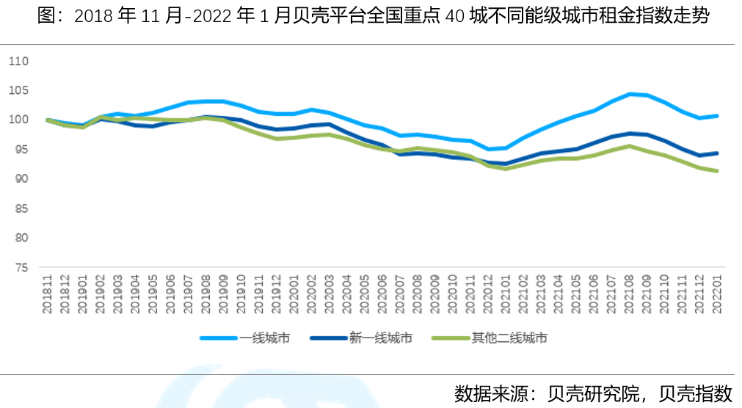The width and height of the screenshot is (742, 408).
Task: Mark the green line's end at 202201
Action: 717,171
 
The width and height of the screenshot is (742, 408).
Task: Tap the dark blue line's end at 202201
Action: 717,153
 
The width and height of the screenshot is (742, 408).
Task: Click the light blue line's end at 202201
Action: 717,116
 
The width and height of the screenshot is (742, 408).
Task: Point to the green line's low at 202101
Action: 506,169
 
